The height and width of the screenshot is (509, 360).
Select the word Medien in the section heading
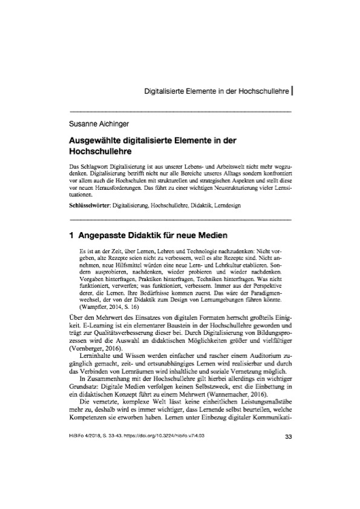[200, 232]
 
